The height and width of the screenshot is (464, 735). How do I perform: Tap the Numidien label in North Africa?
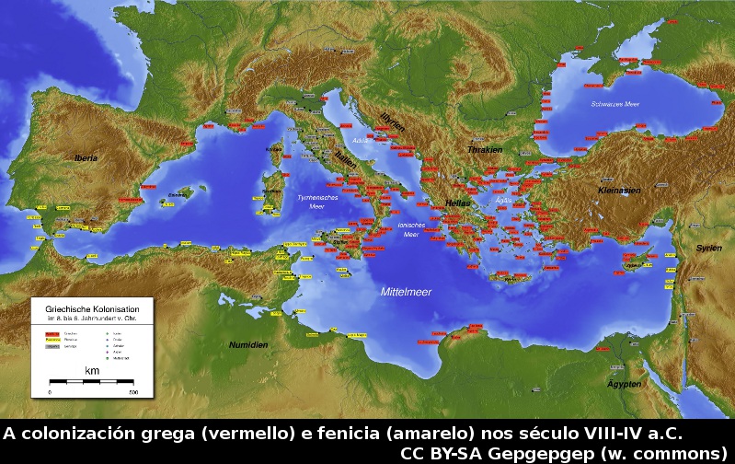(247, 344)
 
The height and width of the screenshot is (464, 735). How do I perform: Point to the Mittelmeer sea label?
(406, 292)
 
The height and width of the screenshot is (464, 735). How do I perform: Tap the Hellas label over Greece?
(457, 203)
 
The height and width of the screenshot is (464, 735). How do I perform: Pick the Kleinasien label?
(618, 191)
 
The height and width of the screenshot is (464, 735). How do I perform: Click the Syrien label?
(708, 249)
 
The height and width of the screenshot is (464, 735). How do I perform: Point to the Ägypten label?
(624, 383)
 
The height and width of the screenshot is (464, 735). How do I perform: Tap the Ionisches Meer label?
(410, 229)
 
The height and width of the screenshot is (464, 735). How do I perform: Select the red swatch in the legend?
(52, 332)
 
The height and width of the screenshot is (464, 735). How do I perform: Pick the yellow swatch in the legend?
(52, 340)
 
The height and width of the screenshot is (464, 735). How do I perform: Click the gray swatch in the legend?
(52, 347)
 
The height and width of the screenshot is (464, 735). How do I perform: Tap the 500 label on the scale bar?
(133, 391)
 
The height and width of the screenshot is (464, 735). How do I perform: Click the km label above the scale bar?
(92, 370)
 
